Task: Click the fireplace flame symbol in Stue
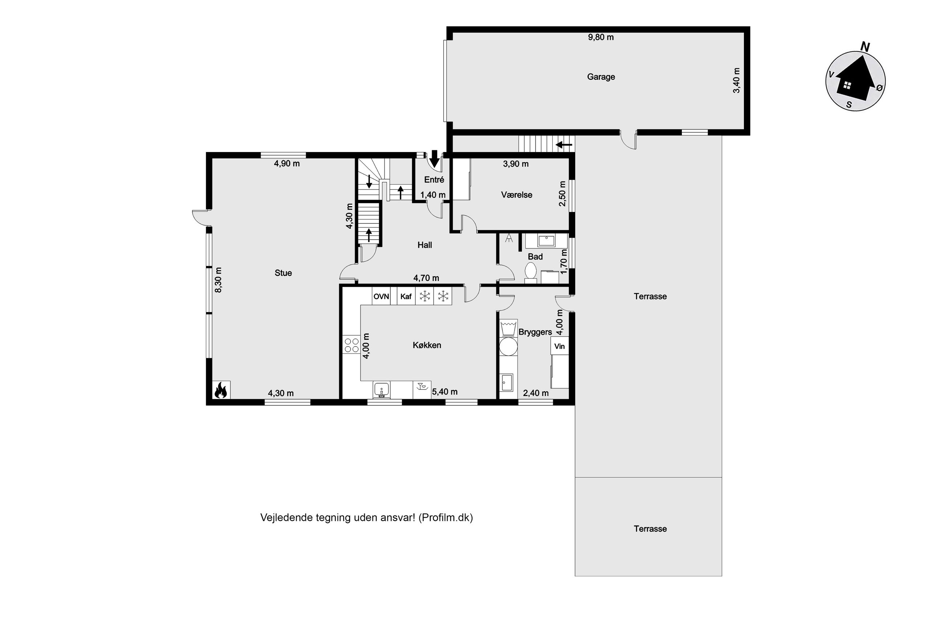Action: point(221,390)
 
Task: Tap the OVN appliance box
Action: point(381,297)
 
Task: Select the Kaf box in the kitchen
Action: point(406,297)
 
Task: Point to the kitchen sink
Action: point(382,389)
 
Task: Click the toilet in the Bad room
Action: point(531,271)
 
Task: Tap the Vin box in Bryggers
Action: point(559,346)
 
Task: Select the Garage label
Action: point(601,77)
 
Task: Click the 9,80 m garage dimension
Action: point(601,37)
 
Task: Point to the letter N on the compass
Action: point(865,47)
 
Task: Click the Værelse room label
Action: point(516,195)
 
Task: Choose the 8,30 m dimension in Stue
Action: point(218,280)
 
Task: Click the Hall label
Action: point(424,245)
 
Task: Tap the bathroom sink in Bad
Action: point(546,241)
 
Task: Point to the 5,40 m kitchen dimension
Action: point(444,392)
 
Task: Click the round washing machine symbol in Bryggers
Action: point(508,346)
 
